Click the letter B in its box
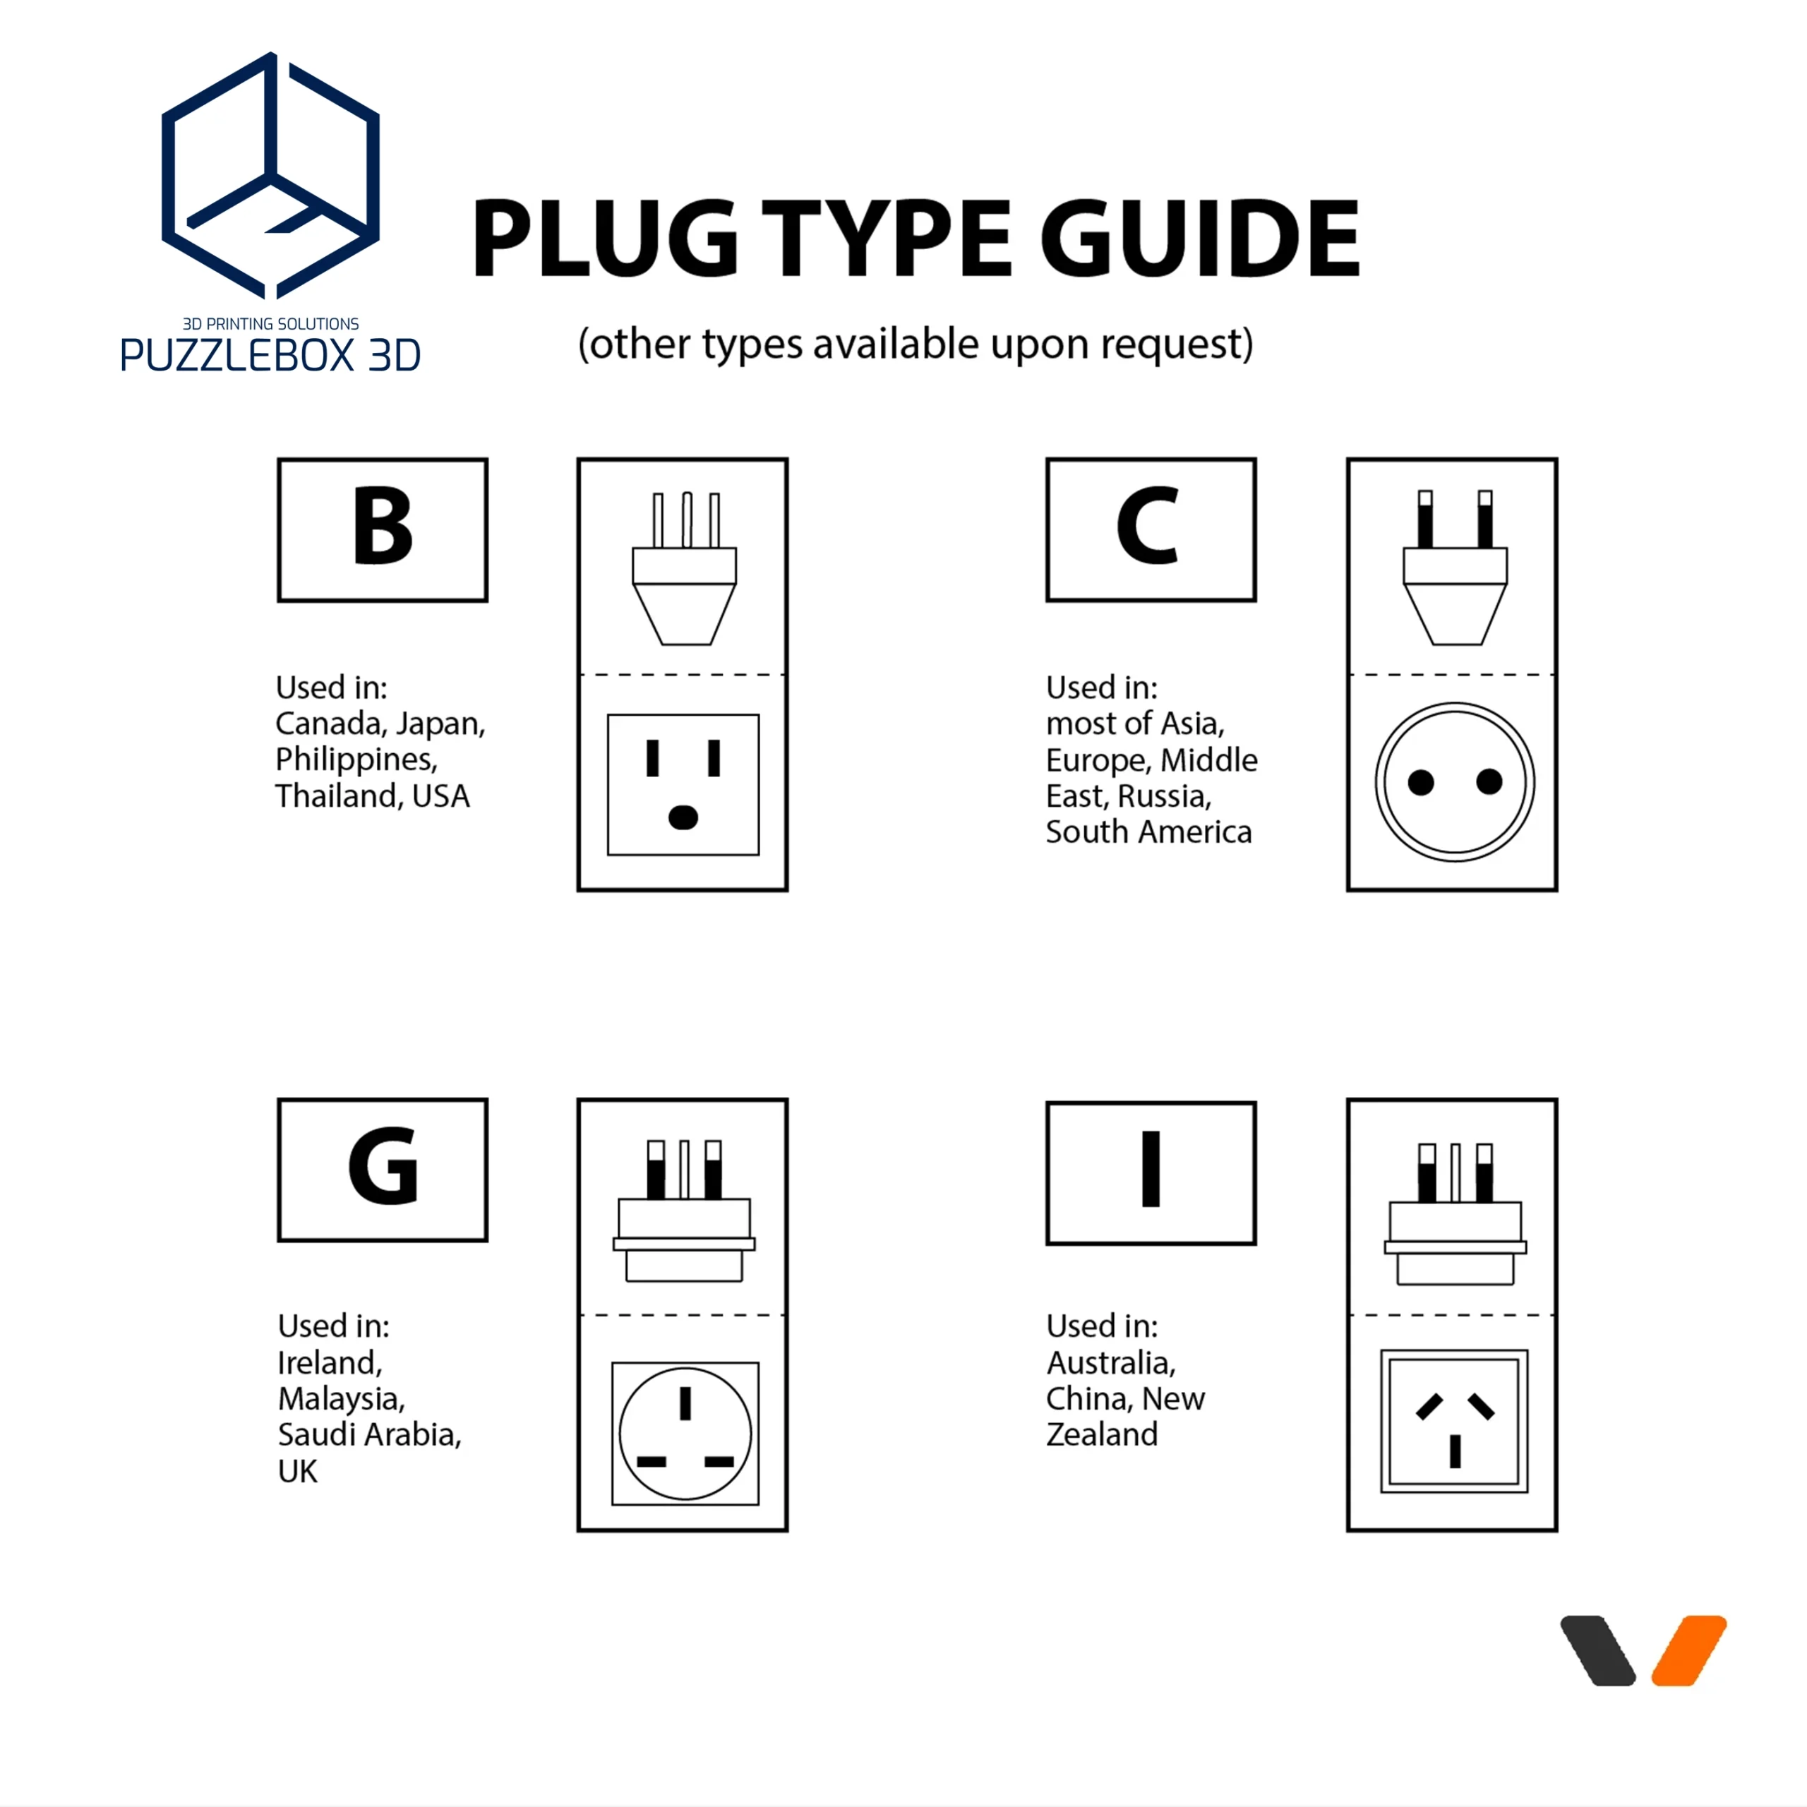pyautogui.click(x=383, y=526)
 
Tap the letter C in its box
pyautogui.click(x=1148, y=526)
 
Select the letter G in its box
pyautogui.click(x=383, y=1165)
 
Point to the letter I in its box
pyautogui.click(x=1151, y=1169)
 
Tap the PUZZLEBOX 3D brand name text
pyautogui.click(x=270, y=356)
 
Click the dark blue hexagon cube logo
pyautogui.click(x=270, y=176)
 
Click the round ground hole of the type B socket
pyautogui.click(x=684, y=817)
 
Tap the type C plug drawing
pyautogui.click(x=1455, y=568)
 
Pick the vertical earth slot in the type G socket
pyautogui.click(x=685, y=1403)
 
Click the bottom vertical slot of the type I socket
pyautogui.click(x=1455, y=1451)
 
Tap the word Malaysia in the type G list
pyautogui.click(x=342, y=1398)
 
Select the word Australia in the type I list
pyautogui.click(x=1111, y=1363)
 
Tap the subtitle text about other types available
pyautogui.click(x=915, y=344)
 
